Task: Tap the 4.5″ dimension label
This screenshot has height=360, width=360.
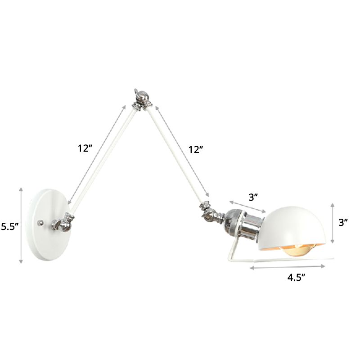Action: [297, 278]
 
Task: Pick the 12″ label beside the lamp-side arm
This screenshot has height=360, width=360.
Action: [196, 149]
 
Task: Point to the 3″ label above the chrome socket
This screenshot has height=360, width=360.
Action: [253, 197]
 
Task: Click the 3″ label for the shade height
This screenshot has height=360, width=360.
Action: [343, 222]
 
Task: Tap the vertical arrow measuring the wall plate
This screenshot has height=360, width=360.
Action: [21, 225]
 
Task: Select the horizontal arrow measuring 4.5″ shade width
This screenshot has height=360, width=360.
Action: [288, 267]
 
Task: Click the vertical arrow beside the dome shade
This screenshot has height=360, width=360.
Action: [332, 223]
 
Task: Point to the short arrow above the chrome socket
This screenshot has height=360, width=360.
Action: [247, 206]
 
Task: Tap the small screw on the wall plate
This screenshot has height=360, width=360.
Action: [41, 222]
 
